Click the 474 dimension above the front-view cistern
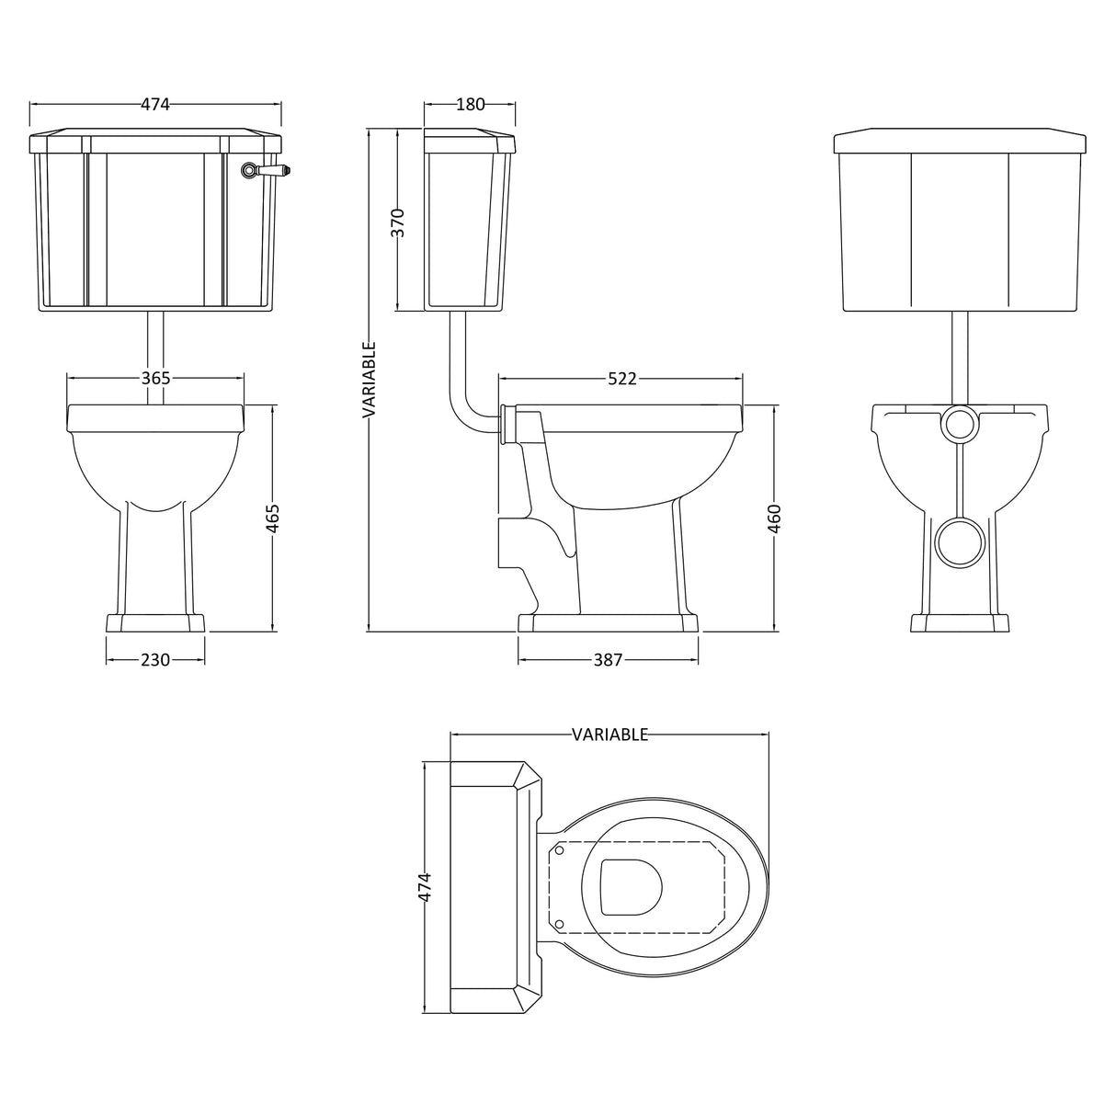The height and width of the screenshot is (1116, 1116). [155, 105]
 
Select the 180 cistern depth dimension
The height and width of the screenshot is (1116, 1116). [470, 105]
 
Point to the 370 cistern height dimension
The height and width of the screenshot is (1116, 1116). [397, 223]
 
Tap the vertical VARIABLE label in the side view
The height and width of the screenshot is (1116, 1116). [370, 381]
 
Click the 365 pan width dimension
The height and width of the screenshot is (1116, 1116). [155, 378]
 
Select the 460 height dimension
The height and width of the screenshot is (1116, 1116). [774, 518]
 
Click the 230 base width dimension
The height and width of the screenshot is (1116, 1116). [155, 659]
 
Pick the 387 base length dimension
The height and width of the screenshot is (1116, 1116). [608, 659]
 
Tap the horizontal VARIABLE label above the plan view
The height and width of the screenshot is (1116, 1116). [609, 735]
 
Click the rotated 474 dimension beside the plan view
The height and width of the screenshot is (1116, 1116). [424, 888]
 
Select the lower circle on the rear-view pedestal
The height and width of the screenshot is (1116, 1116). [959, 541]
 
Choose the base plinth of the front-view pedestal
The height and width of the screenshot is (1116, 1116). [155, 622]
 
